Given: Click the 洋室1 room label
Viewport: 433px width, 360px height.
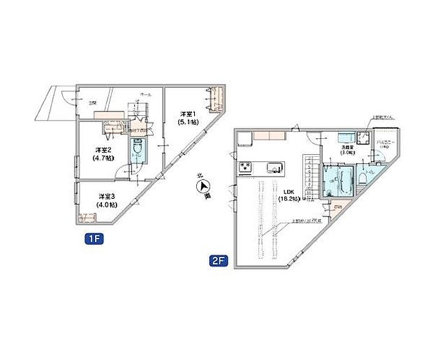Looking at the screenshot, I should [187, 114].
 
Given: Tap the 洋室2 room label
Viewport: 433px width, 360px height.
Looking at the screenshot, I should [103, 149].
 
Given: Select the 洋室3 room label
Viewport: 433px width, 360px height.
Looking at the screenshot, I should [107, 195].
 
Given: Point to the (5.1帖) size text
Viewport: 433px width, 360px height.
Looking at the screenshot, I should [187, 122].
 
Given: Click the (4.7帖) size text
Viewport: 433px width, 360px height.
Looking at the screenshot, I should [103, 158].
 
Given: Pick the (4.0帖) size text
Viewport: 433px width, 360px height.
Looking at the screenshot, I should [107, 204].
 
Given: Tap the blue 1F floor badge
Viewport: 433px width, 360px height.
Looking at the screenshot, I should [94, 238].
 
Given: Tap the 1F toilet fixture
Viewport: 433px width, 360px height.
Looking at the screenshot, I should [138, 149].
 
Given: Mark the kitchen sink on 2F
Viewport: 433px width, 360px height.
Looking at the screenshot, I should [273, 167].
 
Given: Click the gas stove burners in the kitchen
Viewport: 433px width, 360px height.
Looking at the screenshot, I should [246, 167].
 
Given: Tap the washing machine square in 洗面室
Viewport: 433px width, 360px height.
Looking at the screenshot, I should [363, 139].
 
